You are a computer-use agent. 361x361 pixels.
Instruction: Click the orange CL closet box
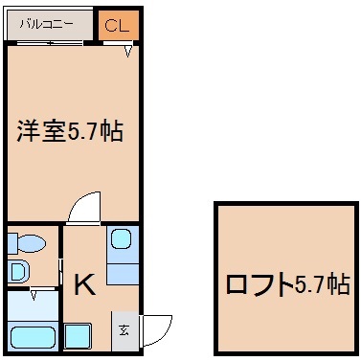point(118,27)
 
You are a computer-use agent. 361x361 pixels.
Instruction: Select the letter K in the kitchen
point(84,283)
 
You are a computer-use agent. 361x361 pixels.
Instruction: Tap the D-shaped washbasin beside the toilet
point(17,271)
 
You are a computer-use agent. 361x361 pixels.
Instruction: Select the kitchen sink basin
point(121,240)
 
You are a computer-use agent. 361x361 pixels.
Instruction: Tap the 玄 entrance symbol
point(124,331)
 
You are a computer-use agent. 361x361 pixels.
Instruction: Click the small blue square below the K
point(78,337)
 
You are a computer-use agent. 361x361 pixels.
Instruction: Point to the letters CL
point(118,27)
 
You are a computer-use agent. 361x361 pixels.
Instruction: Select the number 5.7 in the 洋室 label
point(87,132)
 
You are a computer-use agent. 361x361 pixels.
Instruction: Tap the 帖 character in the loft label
point(336,284)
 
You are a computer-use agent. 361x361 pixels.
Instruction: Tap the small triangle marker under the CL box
point(127,53)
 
